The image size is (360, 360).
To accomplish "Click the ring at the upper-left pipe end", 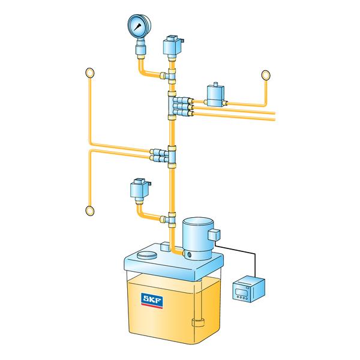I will pos(90,73).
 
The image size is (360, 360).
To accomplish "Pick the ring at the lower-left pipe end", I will pos(90,210).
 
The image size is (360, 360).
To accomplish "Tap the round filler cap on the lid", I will pos(146,255).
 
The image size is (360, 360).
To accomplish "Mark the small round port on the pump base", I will pos(188,256).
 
